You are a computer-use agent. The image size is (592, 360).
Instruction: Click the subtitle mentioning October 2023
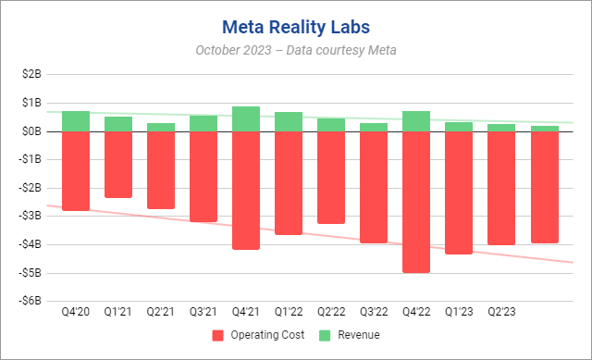pos(295,50)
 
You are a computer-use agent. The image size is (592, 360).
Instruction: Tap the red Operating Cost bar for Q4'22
pos(416,202)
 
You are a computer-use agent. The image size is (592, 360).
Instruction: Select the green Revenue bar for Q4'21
pos(245,118)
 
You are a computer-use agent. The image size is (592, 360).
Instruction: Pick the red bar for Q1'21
pos(117,164)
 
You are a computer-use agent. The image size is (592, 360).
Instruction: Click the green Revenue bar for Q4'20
pos(75,121)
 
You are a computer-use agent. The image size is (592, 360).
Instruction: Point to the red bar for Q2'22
pos(331,177)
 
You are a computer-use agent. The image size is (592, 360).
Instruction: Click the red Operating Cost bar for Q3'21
pos(203,176)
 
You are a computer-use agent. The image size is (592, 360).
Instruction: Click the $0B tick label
pos(42,131)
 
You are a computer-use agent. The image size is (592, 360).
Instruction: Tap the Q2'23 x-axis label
pos(501,314)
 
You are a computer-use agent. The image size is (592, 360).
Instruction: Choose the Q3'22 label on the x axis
pos(374,314)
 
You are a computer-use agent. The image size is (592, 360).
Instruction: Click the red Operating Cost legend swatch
pos(218,335)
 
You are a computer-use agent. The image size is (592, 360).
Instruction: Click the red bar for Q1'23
pos(459,192)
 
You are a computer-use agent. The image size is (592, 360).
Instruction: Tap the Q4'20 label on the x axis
pos(75,314)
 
